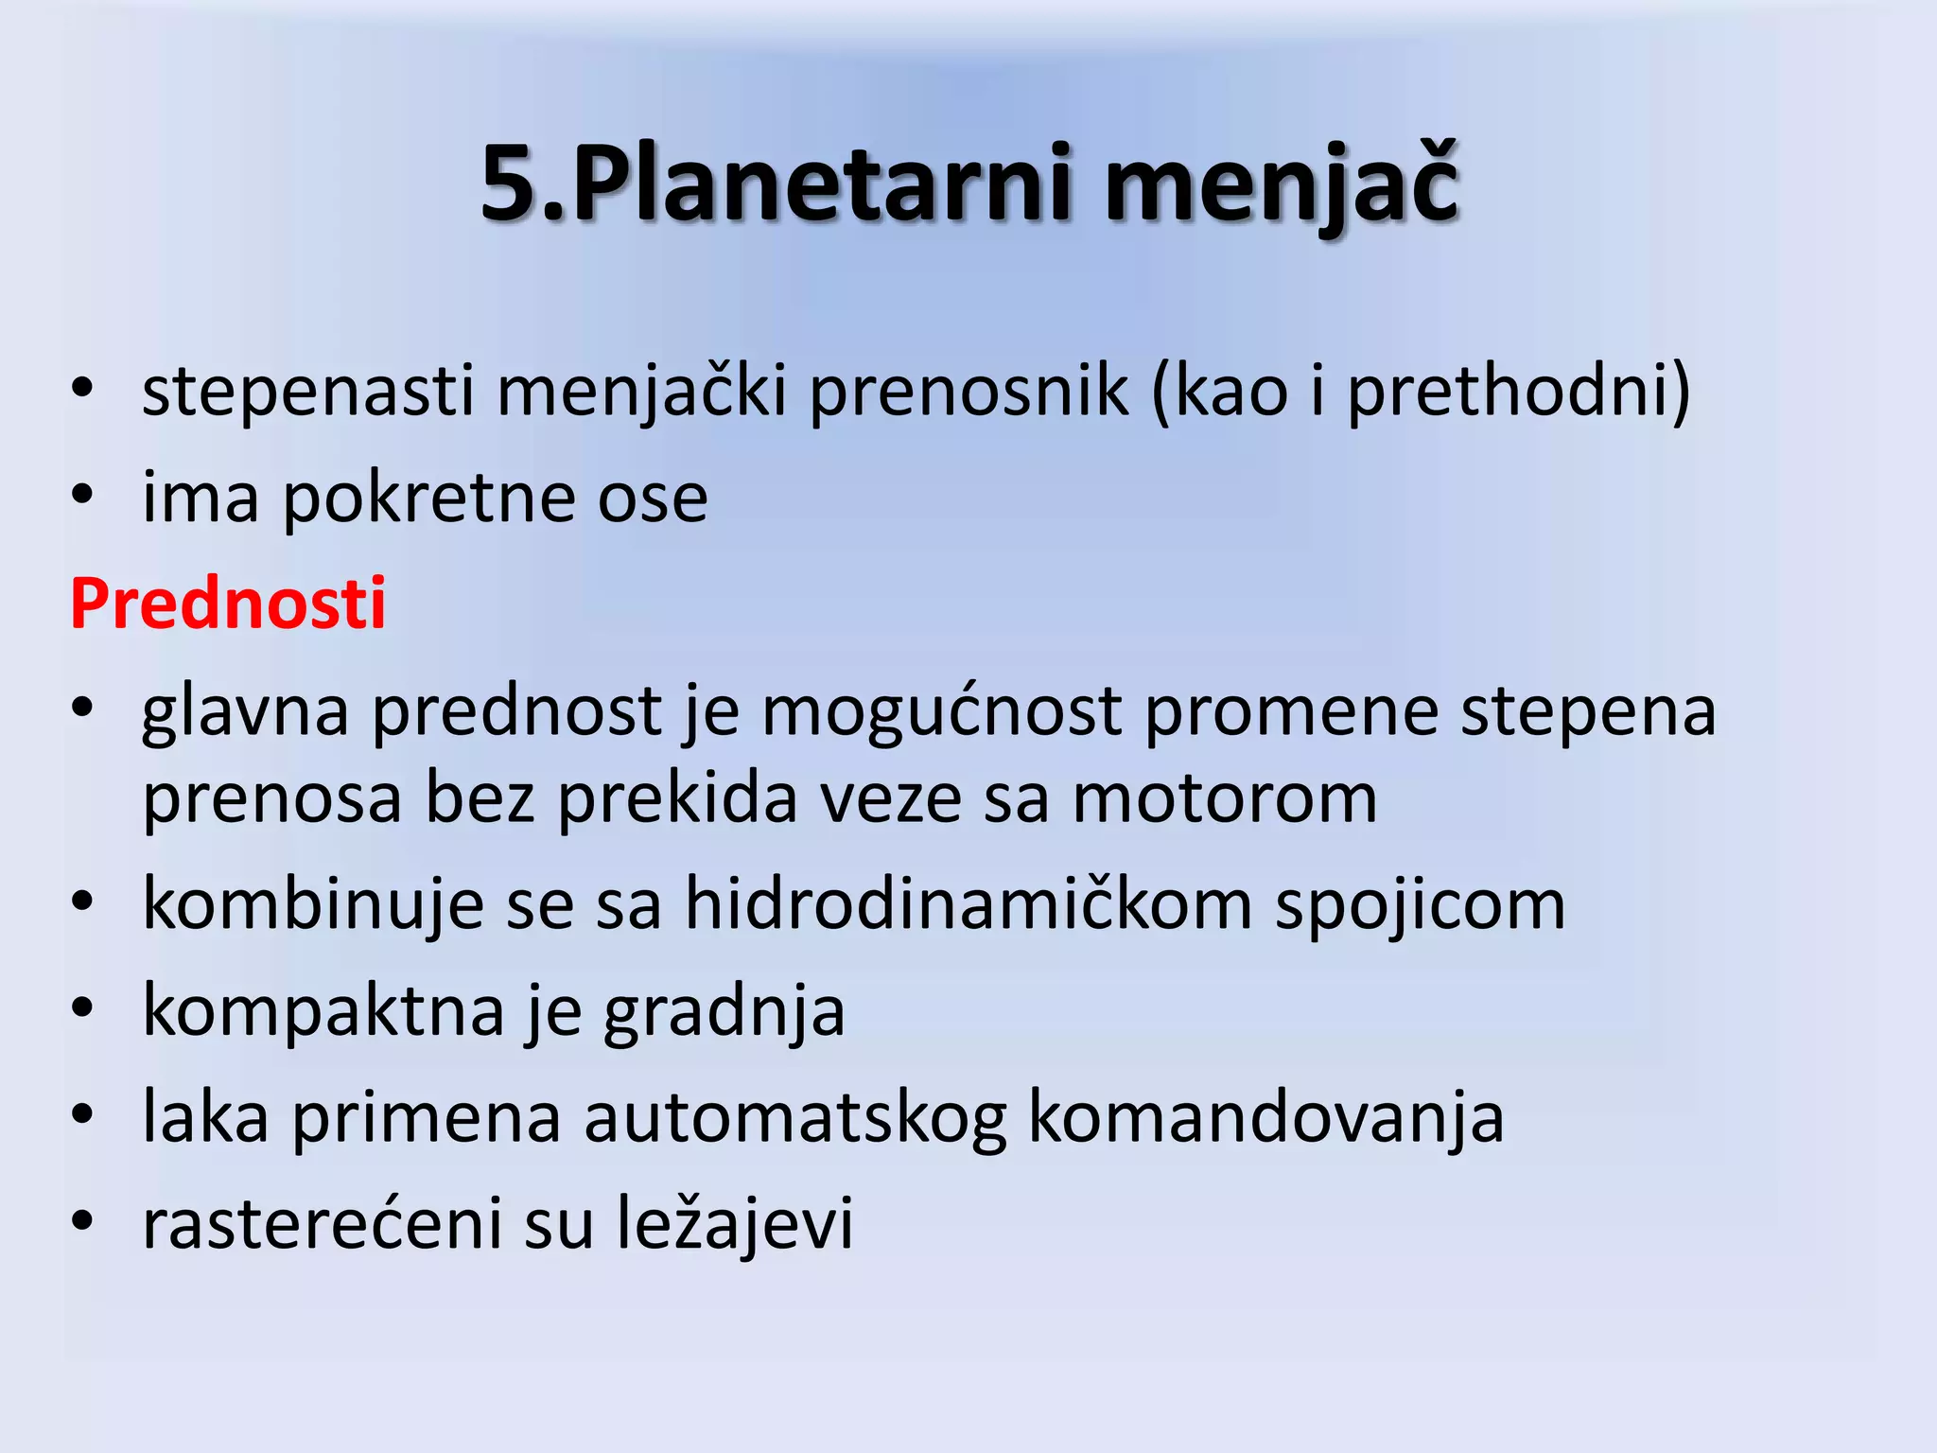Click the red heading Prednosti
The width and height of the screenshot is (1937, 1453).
click(x=228, y=604)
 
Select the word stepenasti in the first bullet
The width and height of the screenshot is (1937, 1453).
click(x=307, y=391)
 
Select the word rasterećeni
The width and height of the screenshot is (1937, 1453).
click(x=322, y=1223)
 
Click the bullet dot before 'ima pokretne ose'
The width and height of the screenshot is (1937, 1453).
click(x=83, y=494)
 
